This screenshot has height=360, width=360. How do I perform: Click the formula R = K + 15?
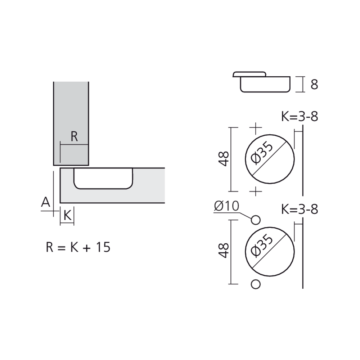click(78, 247)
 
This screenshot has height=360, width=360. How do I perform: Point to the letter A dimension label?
click(46, 202)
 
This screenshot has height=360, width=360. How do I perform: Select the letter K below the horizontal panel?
click(67, 216)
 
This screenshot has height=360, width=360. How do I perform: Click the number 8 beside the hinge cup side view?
click(314, 85)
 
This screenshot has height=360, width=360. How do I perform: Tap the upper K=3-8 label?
click(300, 117)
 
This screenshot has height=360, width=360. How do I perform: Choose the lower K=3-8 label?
click(300, 210)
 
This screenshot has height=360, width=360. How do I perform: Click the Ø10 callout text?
click(226, 206)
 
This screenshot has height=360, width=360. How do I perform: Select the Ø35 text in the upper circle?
click(262, 153)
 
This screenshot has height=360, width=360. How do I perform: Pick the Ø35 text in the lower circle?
click(262, 245)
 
